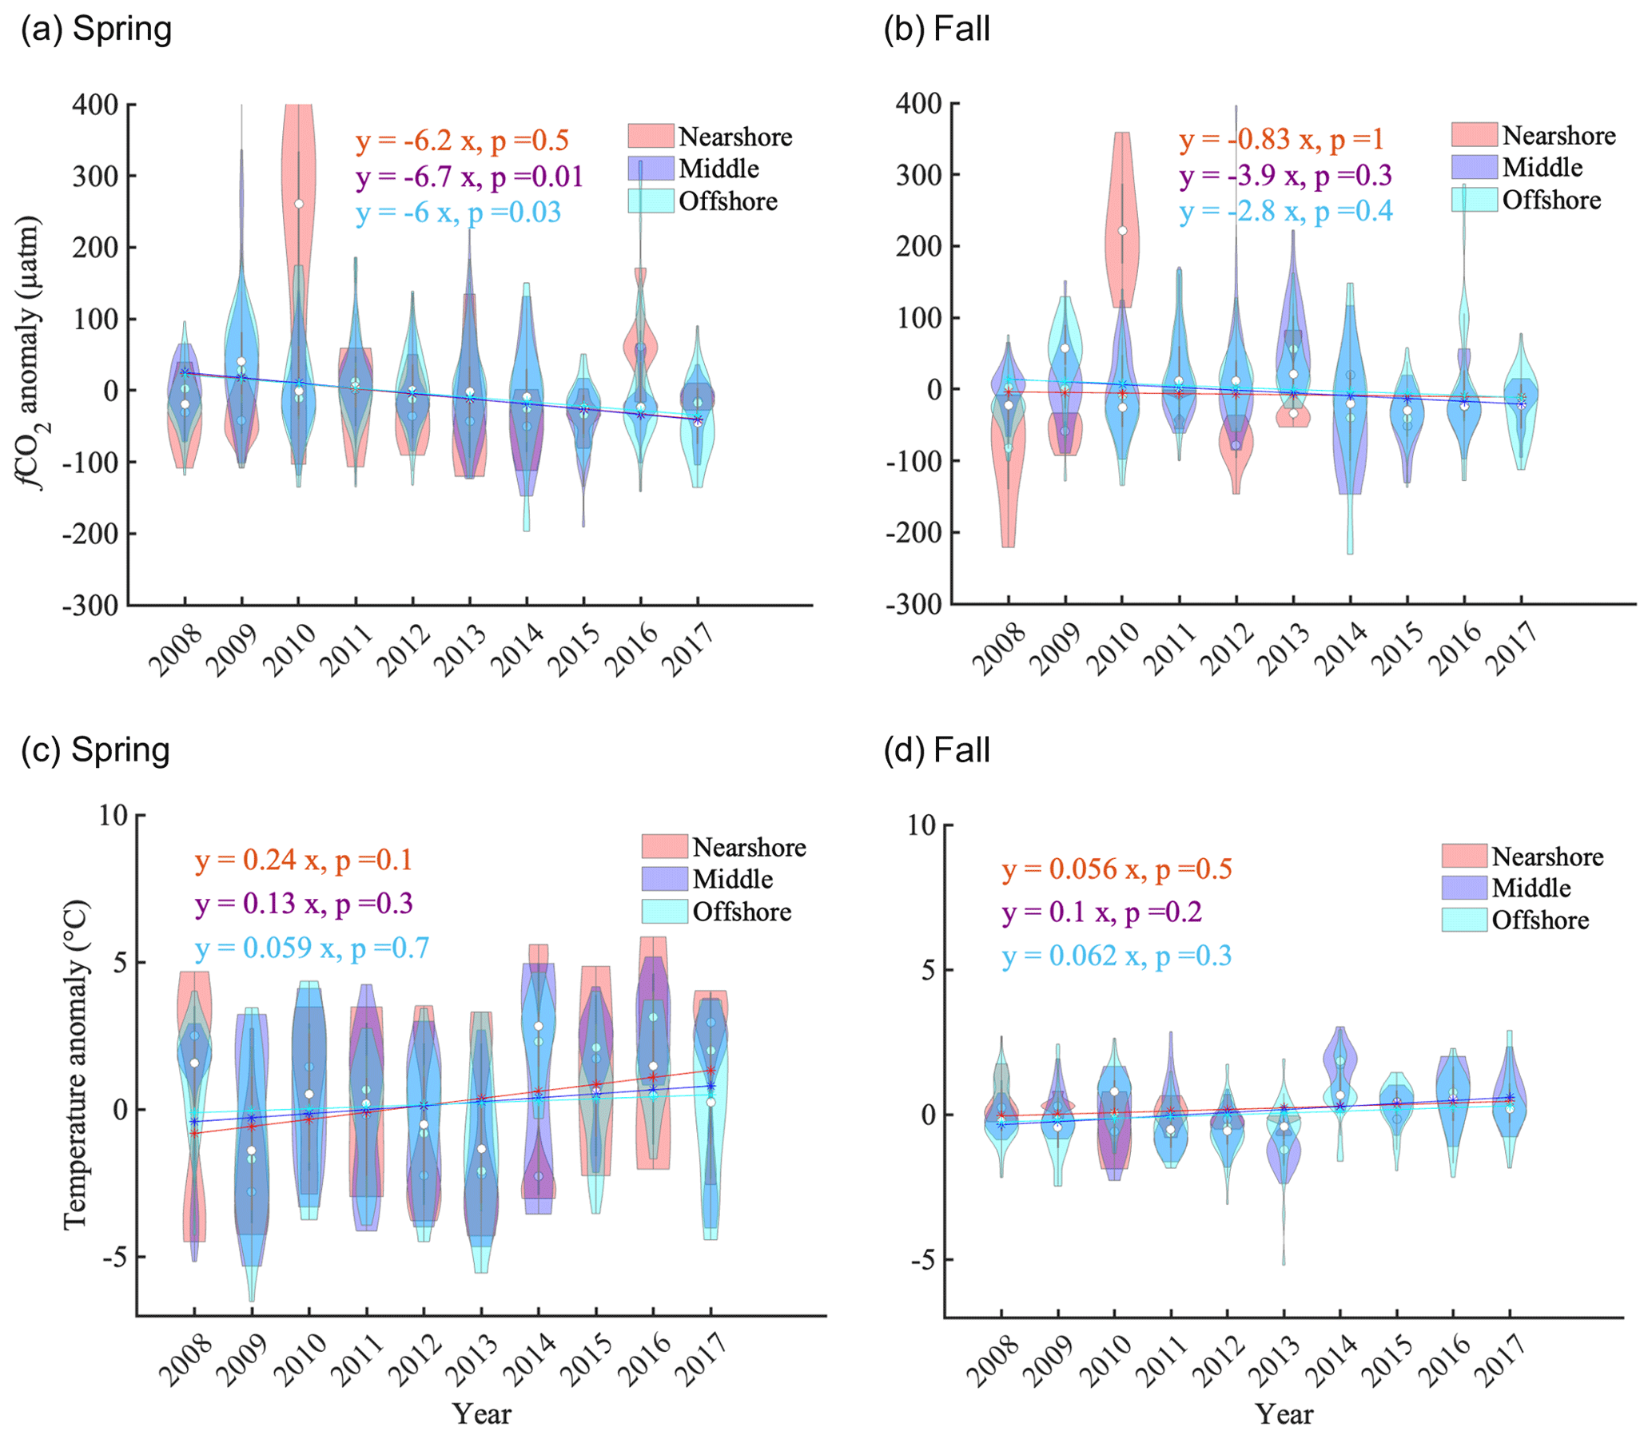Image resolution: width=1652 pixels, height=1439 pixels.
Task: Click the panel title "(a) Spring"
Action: click(x=97, y=30)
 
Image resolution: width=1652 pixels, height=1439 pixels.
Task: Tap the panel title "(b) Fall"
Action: click(x=937, y=30)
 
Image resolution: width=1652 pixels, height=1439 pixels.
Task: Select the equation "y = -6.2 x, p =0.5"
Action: click(x=462, y=141)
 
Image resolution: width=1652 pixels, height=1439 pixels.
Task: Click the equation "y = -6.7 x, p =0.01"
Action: click(x=469, y=177)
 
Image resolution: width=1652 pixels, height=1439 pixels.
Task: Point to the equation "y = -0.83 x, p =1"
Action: click(x=1282, y=140)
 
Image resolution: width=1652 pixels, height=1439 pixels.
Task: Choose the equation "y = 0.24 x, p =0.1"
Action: click(x=303, y=860)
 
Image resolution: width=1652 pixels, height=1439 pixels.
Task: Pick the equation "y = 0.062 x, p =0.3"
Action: click(x=1117, y=956)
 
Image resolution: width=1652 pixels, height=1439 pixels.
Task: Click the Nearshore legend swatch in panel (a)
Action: click(x=651, y=136)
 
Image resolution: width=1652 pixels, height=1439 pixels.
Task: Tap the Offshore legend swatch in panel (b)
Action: click(x=1474, y=199)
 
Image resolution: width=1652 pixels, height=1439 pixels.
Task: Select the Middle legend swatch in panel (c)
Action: click(x=664, y=878)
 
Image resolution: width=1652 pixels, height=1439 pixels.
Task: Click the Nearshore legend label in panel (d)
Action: click(x=1547, y=857)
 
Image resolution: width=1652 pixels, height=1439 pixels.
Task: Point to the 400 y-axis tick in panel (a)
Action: click(x=95, y=105)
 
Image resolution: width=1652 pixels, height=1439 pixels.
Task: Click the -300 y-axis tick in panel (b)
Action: click(x=917, y=605)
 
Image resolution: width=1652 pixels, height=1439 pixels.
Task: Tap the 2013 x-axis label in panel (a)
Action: click(x=460, y=650)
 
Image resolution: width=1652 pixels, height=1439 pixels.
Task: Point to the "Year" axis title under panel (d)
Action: click(x=1284, y=1413)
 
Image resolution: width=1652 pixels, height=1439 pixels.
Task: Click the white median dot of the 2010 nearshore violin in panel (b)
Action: click(x=1123, y=231)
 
